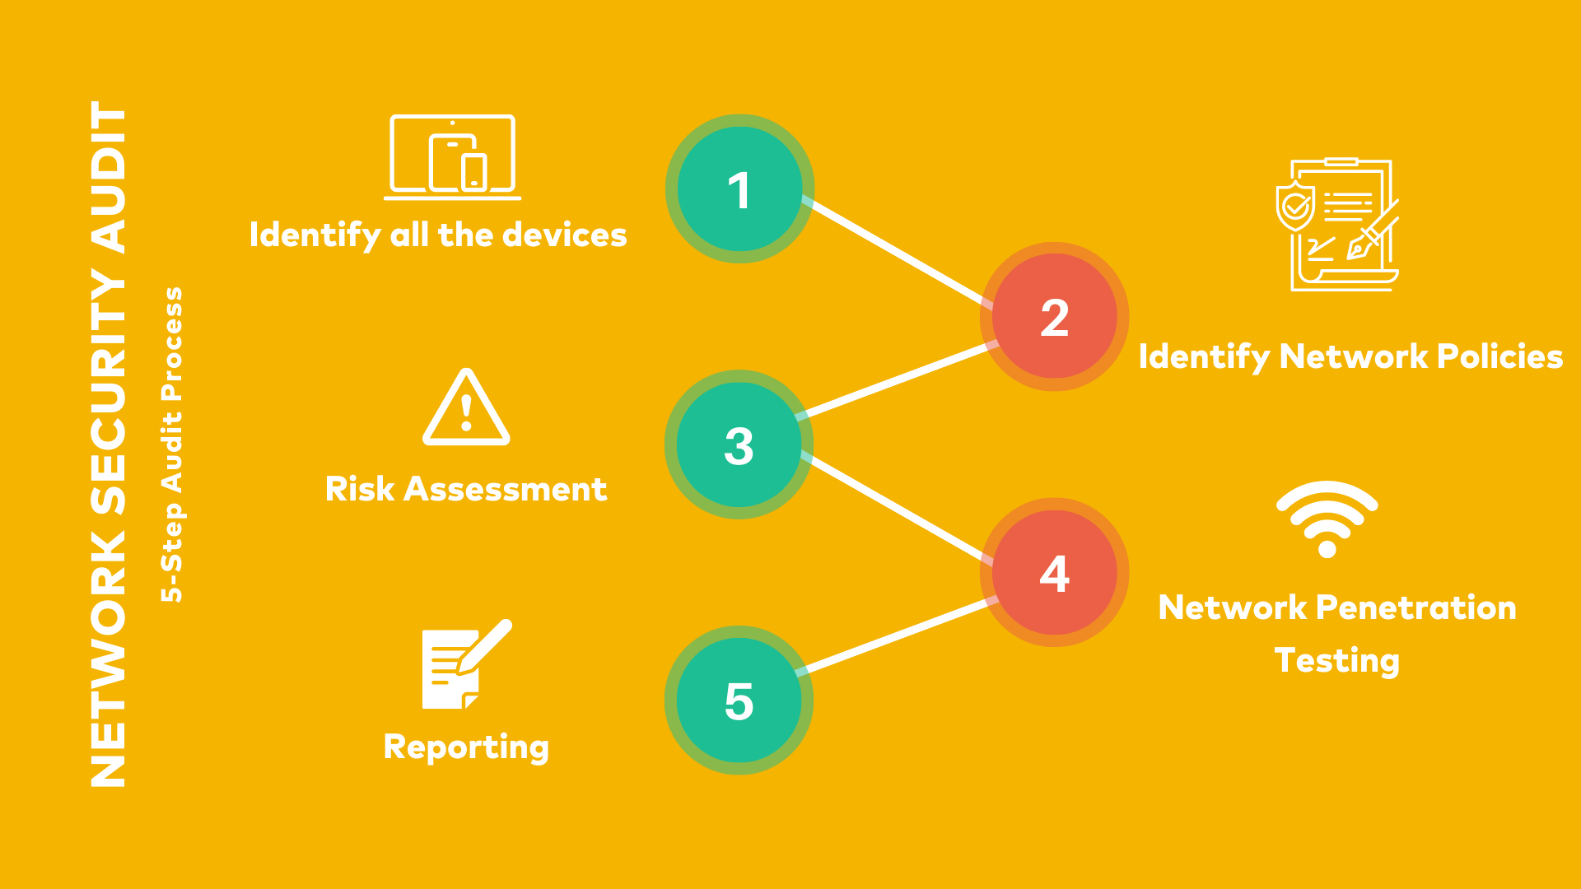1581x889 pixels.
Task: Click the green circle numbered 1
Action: pyautogui.click(x=739, y=189)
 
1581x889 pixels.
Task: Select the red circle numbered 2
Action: pyautogui.click(x=1054, y=317)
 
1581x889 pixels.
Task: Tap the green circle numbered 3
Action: pyautogui.click(x=739, y=444)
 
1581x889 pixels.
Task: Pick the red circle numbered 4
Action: pyautogui.click(x=1054, y=573)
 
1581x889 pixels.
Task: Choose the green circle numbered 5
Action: pyautogui.click(x=739, y=700)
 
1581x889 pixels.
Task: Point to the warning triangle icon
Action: pyautogui.click(x=466, y=408)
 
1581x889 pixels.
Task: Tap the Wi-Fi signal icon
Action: pyautogui.click(x=1327, y=519)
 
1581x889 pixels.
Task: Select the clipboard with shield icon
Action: pyautogui.click(x=1337, y=225)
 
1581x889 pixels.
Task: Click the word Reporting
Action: pyautogui.click(x=466, y=747)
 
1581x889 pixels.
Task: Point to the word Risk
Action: pyautogui.click(x=360, y=489)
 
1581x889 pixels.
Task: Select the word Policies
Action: pyautogui.click(x=1499, y=356)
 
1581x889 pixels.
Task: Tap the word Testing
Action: pyautogui.click(x=1336, y=661)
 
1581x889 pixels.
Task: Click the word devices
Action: pyautogui.click(x=565, y=235)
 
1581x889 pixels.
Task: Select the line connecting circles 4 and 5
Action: pyautogui.click(x=898, y=636)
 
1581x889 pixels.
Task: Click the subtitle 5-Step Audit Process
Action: pyautogui.click(x=172, y=444)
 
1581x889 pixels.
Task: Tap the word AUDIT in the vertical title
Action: pyautogui.click(x=110, y=177)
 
